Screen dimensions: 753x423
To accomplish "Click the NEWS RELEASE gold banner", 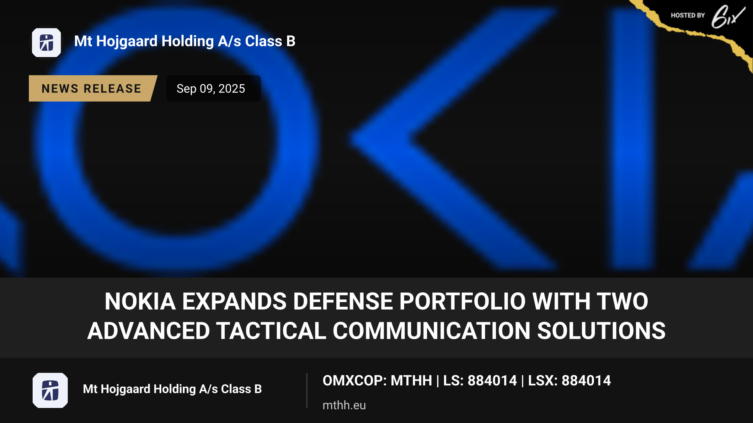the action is pos(93,88).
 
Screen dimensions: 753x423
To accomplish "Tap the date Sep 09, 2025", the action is pos(211,89).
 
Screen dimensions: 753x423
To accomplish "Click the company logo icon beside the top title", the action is pos(46,43).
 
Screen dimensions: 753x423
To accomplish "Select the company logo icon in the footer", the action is pos(50,390).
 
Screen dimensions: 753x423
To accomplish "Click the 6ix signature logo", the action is pos(728,17).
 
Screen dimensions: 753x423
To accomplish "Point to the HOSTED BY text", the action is pos(688,15).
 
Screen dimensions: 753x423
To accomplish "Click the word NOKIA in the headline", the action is pos(140,301).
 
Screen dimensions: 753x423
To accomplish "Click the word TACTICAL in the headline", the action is pos(271,331).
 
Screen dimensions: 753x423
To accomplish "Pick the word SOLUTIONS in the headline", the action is pos(601,331).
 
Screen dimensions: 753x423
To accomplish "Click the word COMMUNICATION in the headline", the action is pos(431,331).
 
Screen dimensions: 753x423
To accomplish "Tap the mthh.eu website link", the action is pos(344,405).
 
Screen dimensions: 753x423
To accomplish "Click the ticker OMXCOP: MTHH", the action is pos(377,381).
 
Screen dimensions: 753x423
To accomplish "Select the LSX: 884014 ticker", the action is pos(569,381).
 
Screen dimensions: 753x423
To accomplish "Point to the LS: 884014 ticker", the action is pos(480,381).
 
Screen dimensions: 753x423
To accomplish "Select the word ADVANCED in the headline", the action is pos(148,331).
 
